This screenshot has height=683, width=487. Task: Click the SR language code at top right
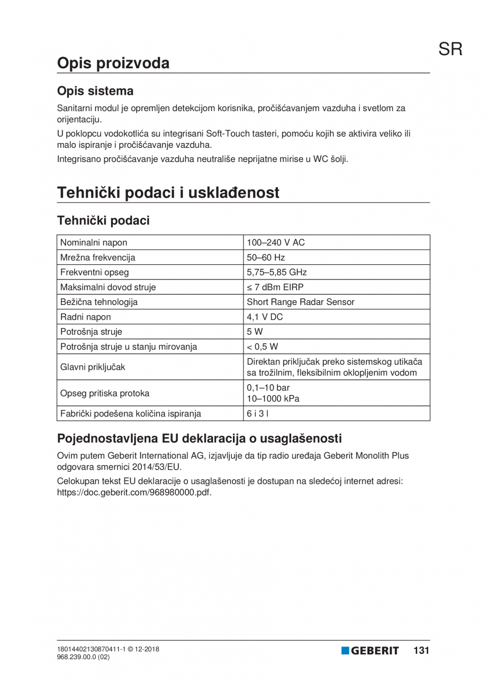point(450,49)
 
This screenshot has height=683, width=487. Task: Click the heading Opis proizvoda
point(113,63)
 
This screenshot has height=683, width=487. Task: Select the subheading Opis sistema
point(95,91)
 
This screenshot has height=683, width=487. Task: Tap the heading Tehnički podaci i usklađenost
point(168,193)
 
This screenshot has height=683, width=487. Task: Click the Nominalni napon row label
point(94,243)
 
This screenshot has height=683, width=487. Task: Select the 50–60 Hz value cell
point(266,258)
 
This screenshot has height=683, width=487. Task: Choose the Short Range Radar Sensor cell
point(301,302)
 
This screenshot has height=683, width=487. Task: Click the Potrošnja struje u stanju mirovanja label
point(130,347)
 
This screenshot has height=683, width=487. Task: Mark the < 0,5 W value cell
point(263,347)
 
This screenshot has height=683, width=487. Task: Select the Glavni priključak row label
point(93,367)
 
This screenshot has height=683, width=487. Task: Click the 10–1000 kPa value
point(273,399)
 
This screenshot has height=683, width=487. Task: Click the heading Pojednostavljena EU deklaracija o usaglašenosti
point(200,438)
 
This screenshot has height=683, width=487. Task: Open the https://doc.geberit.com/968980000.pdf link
point(134,492)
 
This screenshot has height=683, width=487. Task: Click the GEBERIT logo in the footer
point(370,651)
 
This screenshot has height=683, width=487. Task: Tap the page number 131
point(420,651)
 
